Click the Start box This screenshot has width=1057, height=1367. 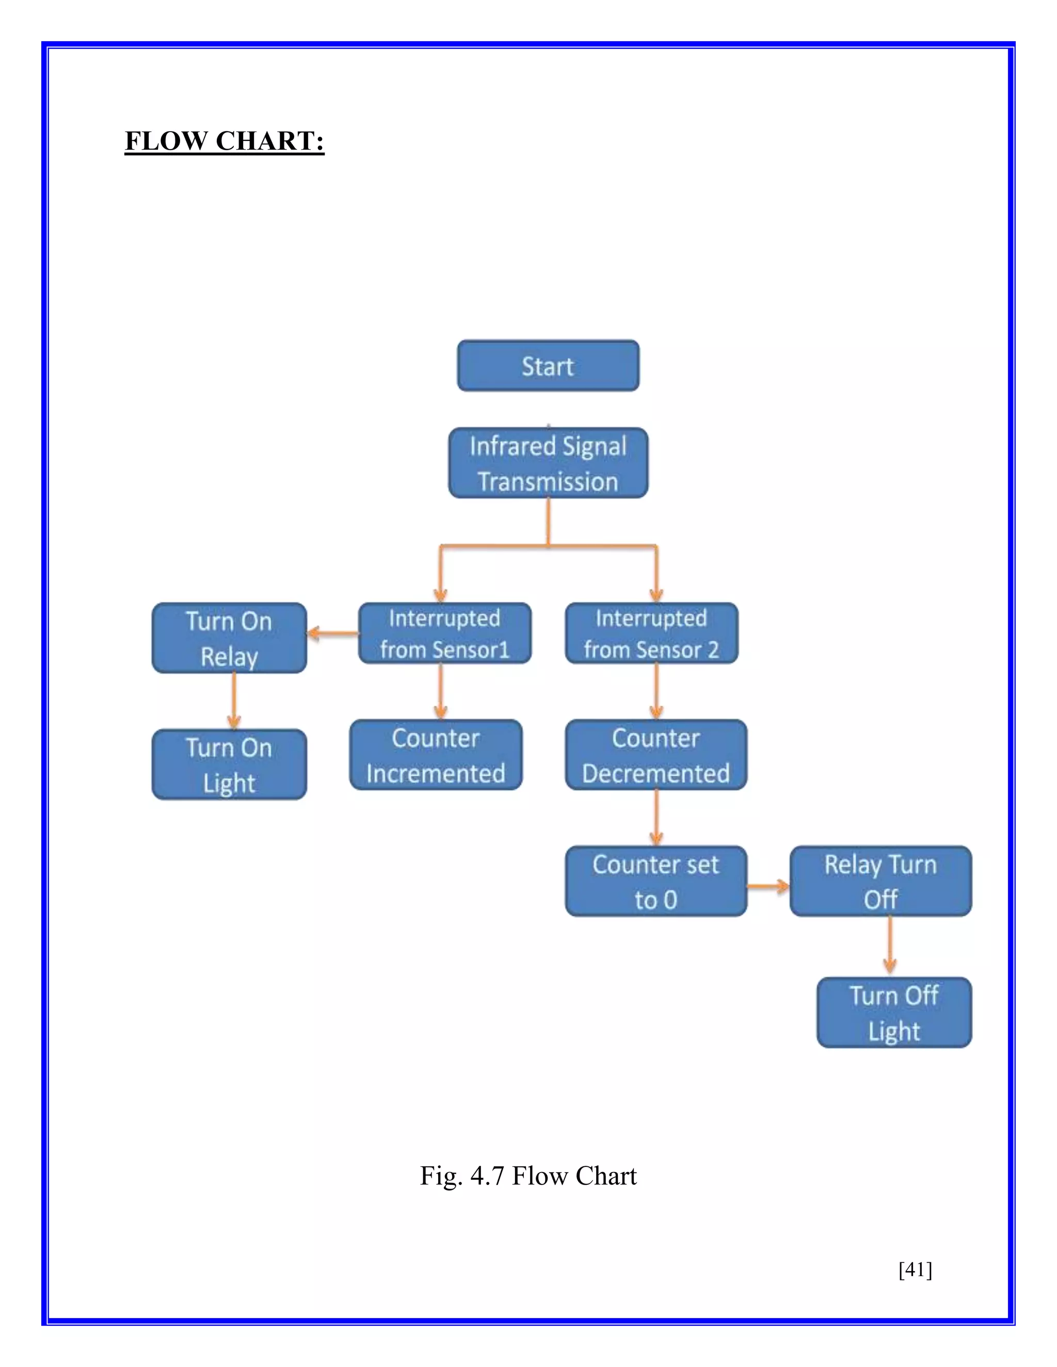click(548, 366)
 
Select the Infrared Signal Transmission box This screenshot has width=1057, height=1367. click(548, 463)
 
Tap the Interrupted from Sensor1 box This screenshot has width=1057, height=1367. click(444, 633)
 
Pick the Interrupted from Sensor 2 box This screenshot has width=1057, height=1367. click(651, 633)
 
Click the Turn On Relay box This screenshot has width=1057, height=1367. click(229, 639)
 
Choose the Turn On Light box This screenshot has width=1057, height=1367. click(229, 764)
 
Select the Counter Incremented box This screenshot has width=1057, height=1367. click(436, 755)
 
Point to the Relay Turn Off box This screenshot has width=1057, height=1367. click(880, 881)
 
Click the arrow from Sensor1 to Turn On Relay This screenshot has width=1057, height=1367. click(332, 633)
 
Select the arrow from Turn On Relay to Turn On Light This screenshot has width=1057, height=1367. click(234, 701)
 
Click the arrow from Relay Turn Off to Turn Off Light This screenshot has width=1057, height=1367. click(890, 947)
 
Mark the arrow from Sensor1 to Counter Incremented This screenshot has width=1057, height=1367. click(440, 691)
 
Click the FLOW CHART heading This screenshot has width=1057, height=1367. click(224, 141)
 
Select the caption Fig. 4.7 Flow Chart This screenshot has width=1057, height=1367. click(528, 1176)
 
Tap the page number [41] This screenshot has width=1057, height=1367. click(915, 1270)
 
